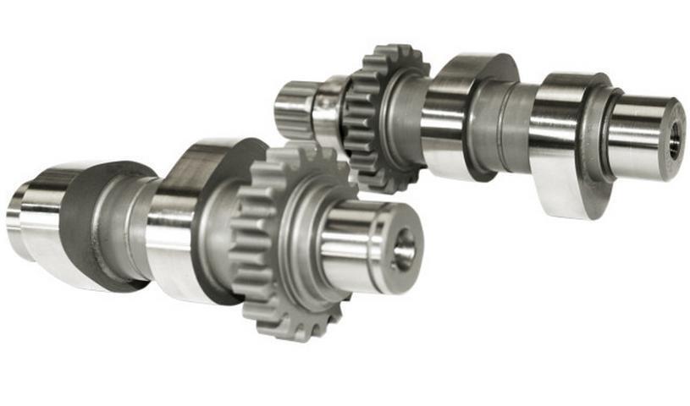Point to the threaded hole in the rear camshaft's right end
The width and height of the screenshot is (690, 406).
[x=674, y=140]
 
